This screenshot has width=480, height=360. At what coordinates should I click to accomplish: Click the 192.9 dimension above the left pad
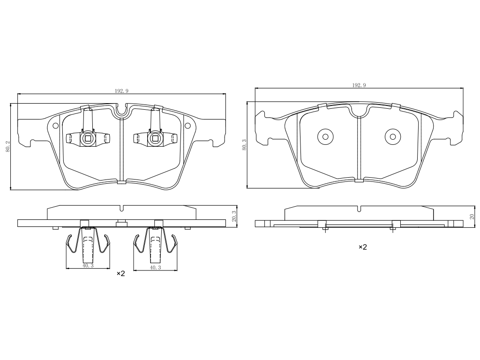coord(121,91)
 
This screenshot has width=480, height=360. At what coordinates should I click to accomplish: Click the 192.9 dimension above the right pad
coord(359,85)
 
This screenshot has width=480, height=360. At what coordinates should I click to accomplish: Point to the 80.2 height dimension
coord(8,146)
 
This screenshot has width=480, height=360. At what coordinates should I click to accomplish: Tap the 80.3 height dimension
coord(244,144)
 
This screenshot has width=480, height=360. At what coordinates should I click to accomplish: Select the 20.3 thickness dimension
coord(234,216)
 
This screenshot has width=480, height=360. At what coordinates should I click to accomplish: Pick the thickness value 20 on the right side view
coord(472,217)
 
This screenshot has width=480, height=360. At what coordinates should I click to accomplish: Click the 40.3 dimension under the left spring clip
coord(88,266)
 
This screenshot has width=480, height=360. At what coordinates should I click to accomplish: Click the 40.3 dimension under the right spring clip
coord(155,268)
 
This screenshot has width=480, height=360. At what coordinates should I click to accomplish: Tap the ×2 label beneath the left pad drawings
coord(121,273)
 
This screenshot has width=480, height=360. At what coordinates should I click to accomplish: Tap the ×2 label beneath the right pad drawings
coord(363,247)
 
